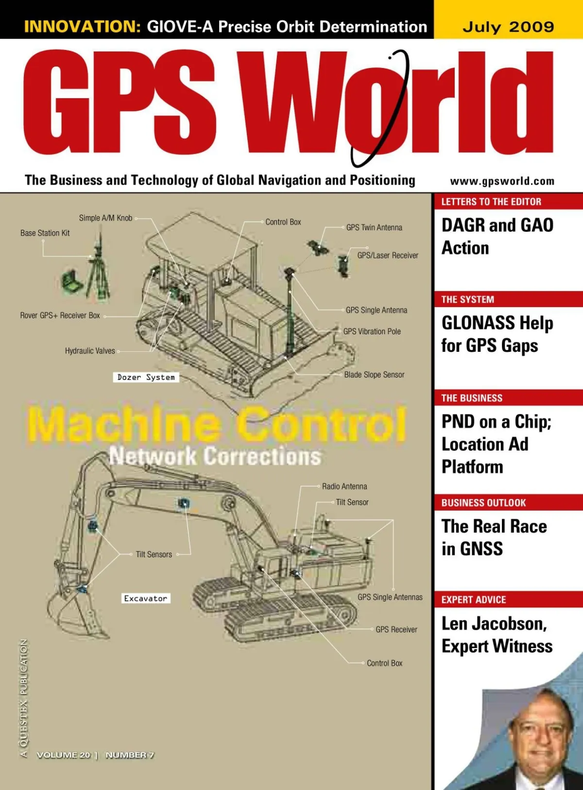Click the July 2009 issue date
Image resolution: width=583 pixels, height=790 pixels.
pyautogui.click(x=508, y=26)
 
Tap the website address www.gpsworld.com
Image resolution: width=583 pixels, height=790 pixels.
pyautogui.click(x=502, y=181)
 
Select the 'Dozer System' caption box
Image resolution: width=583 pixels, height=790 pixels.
pyautogui.click(x=146, y=378)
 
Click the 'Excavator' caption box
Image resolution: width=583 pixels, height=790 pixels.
pyautogui.click(x=145, y=599)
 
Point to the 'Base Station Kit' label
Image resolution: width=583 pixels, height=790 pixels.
pyautogui.click(x=45, y=233)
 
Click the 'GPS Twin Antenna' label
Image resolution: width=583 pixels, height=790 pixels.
pyautogui.click(x=374, y=227)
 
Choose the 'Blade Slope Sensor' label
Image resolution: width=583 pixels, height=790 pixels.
pyautogui.click(x=374, y=375)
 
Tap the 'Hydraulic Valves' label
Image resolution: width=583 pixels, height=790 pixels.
pyautogui.click(x=90, y=351)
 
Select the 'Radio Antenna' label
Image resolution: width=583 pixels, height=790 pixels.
pyautogui.click(x=344, y=486)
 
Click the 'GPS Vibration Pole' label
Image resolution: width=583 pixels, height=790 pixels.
pyautogui.click(x=372, y=331)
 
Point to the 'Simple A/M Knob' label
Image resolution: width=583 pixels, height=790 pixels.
pyautogui.click(x=105, y=218)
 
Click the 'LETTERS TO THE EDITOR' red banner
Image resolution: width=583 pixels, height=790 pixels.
pyautogui.click(x=491, y=202)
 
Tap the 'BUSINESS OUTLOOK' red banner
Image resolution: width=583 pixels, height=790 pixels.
pyautogui.click(x=483, y=503)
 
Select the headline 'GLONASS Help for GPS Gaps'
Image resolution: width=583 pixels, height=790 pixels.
pyautogui.click(x=497, y=334)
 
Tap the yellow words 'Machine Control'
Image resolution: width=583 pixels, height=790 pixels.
pyautogui.click(x=216, y=424)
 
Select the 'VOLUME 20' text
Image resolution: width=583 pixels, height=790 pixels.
pyautogui.click(x=64, y=755)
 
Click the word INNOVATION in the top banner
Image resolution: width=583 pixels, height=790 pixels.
pyautogui.click(x=82, y=26)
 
